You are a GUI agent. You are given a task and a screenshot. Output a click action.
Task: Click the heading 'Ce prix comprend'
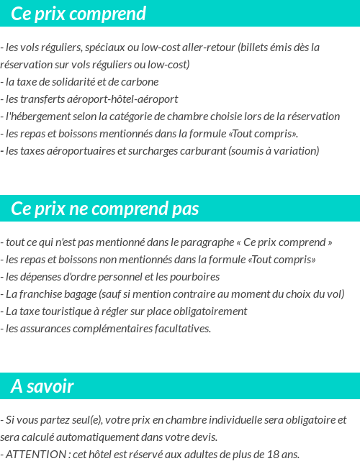coord(78,14)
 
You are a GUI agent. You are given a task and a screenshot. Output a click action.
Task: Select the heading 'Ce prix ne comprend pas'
coord(105,209)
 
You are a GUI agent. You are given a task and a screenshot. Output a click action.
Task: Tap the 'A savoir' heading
coord(42,386)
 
